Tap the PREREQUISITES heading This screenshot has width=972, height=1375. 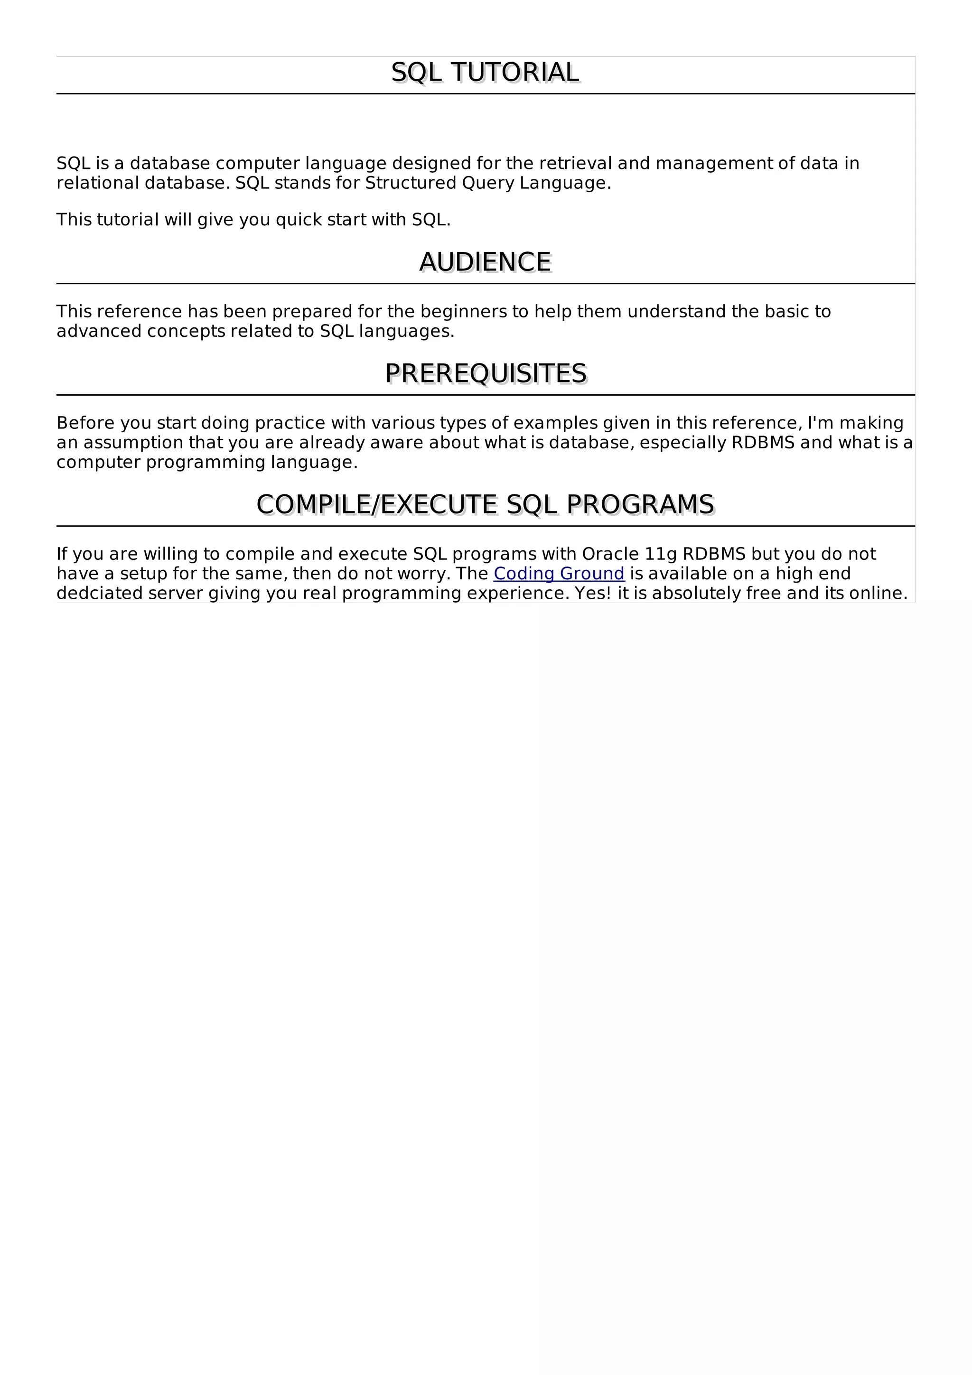coord(485,374)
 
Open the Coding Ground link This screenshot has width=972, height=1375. coord(559,574)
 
